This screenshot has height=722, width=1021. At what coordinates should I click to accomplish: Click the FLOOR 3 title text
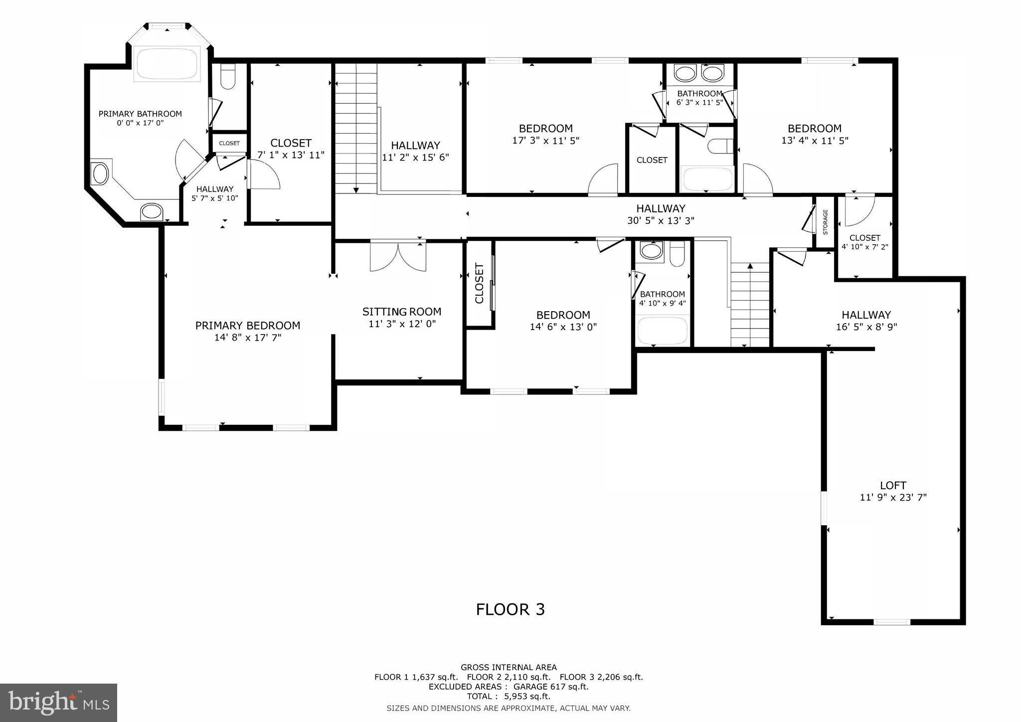pyautogui.click(x=510, y=609)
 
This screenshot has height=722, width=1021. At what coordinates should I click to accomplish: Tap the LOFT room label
pyautogui.click(x=893, y=485)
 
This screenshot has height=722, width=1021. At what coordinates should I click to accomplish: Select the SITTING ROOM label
pyautogui.click(x=401, y=312)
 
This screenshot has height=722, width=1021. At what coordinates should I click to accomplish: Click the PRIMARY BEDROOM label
pyautogui.click(x=247, y=326)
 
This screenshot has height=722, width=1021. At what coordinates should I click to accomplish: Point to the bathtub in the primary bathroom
pyautogui.click(x=167, y=64)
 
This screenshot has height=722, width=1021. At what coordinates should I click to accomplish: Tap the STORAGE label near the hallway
pyautogui.click(x=825, y=222)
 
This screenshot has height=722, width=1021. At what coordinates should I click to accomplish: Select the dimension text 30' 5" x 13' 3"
pyautogui.click(x=661, y=220)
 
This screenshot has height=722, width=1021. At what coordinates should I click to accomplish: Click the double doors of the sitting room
pyautogui.click(x=398, y=256)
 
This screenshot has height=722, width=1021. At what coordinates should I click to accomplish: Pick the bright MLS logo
pyautogui.click(x=58, y=703)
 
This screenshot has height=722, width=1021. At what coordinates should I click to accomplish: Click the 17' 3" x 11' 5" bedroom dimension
pyautogui.click(x=545, y=141)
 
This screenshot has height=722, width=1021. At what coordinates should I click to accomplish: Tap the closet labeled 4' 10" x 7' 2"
pyautogui.click(x=864, y=242)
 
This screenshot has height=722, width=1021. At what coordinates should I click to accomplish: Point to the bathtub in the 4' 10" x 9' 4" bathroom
pyautogui.click(x=663, y=330)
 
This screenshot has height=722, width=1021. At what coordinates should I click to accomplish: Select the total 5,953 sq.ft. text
pyautogui.click(x=508, y=696)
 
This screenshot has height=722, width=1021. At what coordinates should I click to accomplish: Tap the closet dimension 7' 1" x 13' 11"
pyautogui.click(x=291, y=155)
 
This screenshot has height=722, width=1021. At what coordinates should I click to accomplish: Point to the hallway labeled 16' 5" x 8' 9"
pyautogui.click(x=866, y=321)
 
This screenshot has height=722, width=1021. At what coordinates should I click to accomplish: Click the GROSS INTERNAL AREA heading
pyautogui.click(x=509, y=667)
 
